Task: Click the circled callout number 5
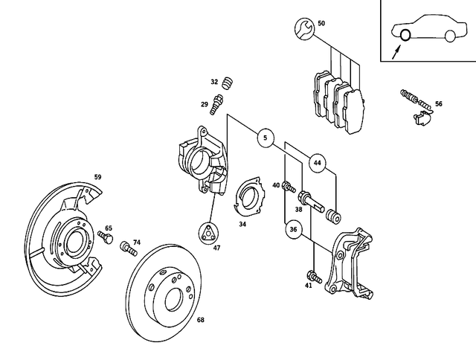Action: (x=264, y=138)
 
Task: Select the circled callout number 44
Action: (x=318, y=162)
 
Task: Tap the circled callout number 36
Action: (x=294, y=230)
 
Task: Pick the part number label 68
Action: (x=200, y=321)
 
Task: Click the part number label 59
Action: (x=97, y=177)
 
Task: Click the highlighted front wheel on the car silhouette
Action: (x=405, y=35)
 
